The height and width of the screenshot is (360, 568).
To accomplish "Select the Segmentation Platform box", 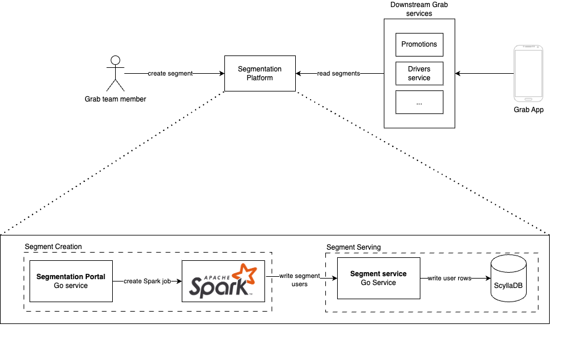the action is (260, 74).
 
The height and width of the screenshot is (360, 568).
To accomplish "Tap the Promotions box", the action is (419, 44).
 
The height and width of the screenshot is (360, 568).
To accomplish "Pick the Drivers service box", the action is (419, 74).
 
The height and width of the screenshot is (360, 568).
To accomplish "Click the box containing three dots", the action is (419, 102).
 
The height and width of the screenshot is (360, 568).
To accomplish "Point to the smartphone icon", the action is (528, 74).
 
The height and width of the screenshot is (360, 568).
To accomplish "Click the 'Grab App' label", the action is (528, 110).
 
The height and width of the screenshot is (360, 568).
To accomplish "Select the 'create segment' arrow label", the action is (170, 74).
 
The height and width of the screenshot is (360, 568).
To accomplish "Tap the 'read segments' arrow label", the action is (339, 74).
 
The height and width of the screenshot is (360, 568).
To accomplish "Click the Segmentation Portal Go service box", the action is (71, 281).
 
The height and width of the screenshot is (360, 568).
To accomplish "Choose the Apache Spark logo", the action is (223, 281).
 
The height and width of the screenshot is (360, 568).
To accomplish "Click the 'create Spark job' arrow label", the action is (147, 282).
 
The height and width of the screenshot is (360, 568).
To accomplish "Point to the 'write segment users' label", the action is (299, 280).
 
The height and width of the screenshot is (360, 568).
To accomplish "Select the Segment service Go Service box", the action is (378, 278).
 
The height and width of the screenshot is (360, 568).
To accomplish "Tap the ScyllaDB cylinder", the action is (508, 278).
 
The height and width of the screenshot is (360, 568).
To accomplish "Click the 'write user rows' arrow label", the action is (449, 278).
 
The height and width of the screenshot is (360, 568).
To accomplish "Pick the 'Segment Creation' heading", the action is (53, 247).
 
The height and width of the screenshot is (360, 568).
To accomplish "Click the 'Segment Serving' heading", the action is (354, 247).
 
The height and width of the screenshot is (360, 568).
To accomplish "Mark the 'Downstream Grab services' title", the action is (419, 9).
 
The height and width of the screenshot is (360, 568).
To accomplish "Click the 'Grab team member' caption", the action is (115, 99).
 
